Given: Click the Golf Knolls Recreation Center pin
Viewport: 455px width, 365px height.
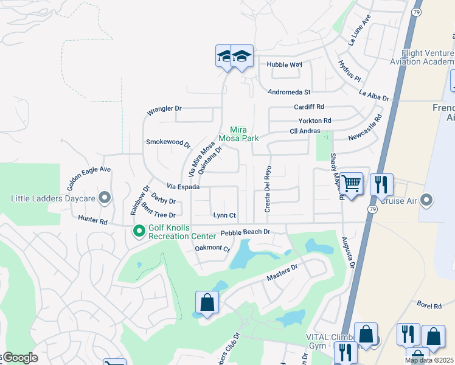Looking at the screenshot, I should click(139, 231).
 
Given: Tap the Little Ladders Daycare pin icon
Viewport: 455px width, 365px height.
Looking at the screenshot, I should click(105, 198).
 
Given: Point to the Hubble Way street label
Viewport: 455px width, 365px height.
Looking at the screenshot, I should click(285, 64).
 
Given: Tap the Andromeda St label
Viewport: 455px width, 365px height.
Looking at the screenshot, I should click(290, 92).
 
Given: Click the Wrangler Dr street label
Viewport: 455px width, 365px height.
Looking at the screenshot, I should click(164, 111).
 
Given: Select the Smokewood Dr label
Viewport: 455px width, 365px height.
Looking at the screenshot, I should click(168, 143).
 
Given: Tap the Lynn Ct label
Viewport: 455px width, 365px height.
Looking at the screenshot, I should click(224, 215).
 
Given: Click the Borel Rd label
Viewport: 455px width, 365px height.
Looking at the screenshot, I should click(429, 305).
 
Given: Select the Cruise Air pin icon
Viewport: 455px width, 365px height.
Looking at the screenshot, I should click(426, 200).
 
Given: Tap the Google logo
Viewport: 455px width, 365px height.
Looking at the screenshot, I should click(19, 358).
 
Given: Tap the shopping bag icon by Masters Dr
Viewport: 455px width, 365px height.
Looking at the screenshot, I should click(207, 302).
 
